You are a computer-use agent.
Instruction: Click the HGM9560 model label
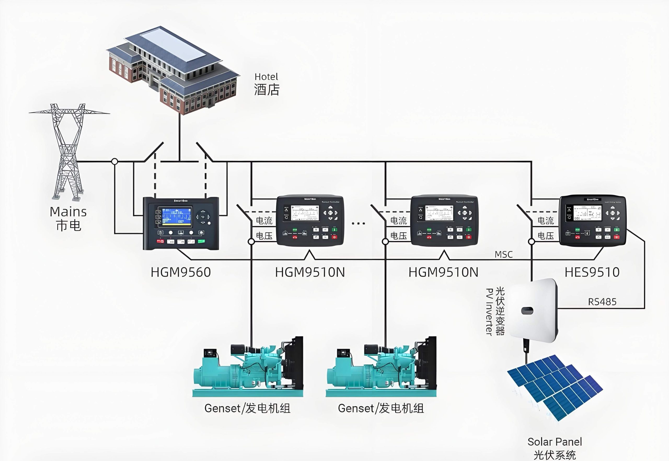pyautogui.click(x=181, y=272)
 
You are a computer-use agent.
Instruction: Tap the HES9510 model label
pyautogui.click(x=592, y=272)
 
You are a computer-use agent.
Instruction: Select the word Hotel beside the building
pyautogui.click(x=266, y=77)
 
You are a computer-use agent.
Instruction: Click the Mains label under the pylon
pyautogui.click(x=68, y=212)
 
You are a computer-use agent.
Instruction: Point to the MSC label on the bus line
pyautogui.click(x=503, y=254)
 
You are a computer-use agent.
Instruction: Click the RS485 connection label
pyautogui.click(x=602, y=302)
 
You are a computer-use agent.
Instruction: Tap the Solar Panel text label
pyautogui.click(x=555, y=442)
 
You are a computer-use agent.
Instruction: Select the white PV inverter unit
pyautogui.click(x=533, y=311)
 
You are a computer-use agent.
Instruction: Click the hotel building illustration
pyautogui.click(x=173, y=71)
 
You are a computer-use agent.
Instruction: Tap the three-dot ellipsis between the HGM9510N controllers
pyautogui.click(x=358, y=223)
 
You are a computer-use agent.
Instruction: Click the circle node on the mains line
pyautogui.click(x=115, y=161)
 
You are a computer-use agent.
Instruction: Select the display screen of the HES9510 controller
pyautogui.click(x=587, y=213)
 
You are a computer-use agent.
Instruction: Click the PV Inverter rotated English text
pyautogui.click(x=489, y=312)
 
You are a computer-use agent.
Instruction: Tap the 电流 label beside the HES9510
pyautogui.click(x=545, y=221)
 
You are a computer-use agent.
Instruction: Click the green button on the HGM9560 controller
pyautogui.click(x=201, y=241)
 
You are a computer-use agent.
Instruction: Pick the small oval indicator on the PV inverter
pyautogui.click(x=527, y=311)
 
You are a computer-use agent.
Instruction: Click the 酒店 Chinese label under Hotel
pyautogui.click(x=267, y=90)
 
